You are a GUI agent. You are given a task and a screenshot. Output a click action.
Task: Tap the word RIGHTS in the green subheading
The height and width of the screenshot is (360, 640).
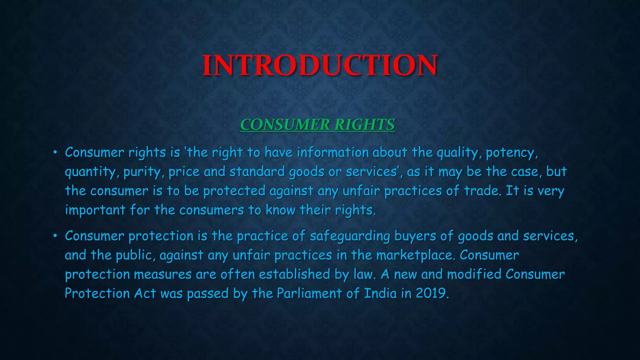[364, 125]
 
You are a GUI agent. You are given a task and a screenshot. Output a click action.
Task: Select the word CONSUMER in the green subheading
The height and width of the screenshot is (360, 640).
[285, 125]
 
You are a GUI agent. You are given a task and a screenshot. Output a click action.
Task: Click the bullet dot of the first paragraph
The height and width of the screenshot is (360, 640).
[55, 152]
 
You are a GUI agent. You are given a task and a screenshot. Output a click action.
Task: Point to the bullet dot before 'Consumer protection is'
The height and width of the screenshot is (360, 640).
[55, 236]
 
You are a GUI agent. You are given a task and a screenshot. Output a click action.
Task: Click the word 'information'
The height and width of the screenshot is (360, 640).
[333, 152]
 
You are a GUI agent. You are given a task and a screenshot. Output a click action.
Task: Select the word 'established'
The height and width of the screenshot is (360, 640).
[294, 274]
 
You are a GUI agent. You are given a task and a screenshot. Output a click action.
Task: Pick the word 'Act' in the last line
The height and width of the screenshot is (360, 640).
[145, 293]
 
